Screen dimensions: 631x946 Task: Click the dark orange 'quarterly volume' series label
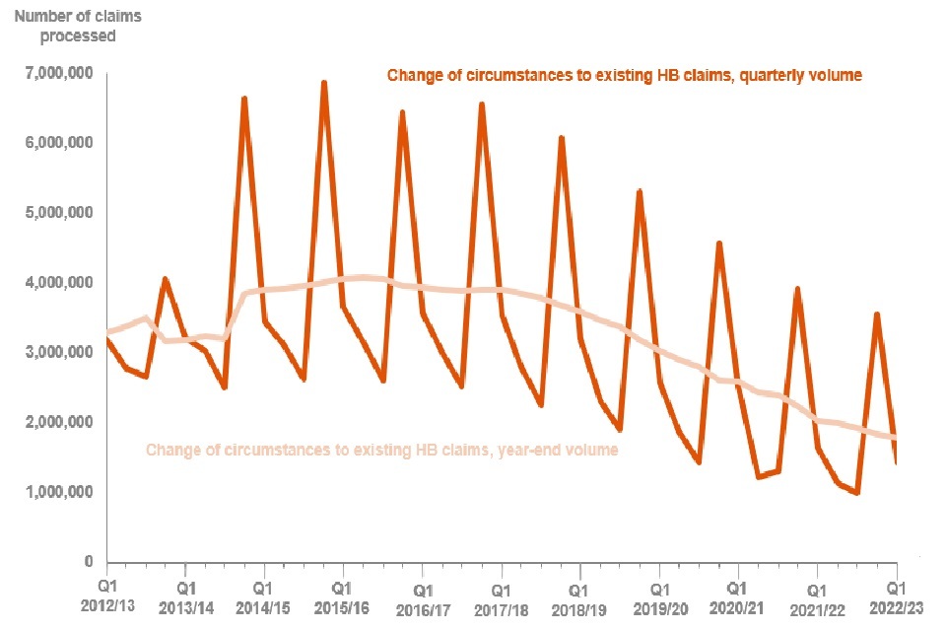click(x=625, y=75)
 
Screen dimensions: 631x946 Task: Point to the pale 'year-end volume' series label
click(x=381, y=451)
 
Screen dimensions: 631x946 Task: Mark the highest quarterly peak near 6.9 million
click(x=323, y=83)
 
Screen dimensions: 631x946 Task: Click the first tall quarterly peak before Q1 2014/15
click(x=243, y=99)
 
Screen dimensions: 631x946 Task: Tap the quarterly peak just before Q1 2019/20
click(x=640, y=191)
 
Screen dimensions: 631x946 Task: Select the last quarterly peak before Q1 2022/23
click(x=876, y=315)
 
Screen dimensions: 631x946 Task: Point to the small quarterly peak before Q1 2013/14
click(x=165, y=279)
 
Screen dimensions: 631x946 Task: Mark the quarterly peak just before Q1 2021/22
click(x=797, y=289)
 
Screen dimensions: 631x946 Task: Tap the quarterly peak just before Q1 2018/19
click(x=561, y=138)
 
